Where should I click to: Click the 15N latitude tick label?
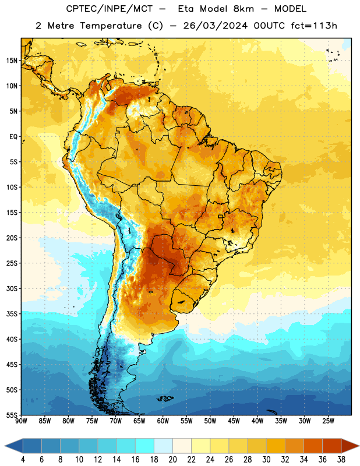12,61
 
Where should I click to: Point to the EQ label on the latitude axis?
13,137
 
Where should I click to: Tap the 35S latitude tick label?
12,314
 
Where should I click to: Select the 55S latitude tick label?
12,415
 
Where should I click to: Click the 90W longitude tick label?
21,421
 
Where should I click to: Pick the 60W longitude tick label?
163,421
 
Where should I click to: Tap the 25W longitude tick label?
328,421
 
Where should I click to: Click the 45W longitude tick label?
234,421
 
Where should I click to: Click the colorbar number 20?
172,460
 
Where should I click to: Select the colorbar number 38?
341,460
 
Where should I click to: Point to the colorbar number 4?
23,460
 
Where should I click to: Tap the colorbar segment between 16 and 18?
145,446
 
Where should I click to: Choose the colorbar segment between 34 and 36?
313,446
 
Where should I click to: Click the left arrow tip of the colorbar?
5,446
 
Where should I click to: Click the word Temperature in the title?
111,26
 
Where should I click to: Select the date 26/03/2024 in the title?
215,26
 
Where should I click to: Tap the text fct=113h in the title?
314,26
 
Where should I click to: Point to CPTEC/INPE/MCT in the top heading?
109,9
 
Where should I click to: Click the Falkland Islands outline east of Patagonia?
165,398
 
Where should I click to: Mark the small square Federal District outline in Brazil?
221,217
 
